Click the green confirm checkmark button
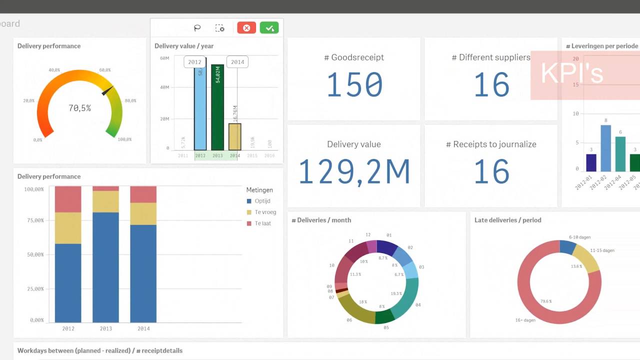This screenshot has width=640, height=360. click(x=269, y=28)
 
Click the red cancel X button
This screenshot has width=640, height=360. click(x=246, y=28)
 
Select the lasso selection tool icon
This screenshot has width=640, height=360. click(x=197, y=28)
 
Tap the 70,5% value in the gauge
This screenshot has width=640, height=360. click(x=80, y=108)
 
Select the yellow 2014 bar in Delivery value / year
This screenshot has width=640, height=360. click(x=235, y=136)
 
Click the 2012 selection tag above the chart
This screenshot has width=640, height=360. click(x=194, y=62)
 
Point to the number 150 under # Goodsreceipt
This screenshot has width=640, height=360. click(x=354, y=85)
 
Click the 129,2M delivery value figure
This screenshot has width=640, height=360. click(x=354, y=171)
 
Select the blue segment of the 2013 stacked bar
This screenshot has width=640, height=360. click(x=105, y=267)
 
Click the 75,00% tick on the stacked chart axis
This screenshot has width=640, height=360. click(x=34, y=220)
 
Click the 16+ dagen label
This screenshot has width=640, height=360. click(x=526, y=320)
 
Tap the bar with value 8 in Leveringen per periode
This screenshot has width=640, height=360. click(x=605, y=148)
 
